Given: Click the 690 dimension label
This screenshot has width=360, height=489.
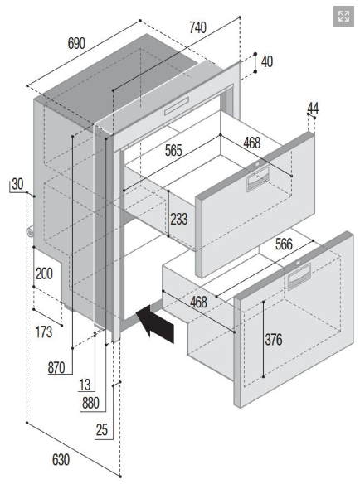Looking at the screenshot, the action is (x=76, y=43).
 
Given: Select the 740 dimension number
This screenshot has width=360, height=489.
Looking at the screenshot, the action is (x=198, y=27).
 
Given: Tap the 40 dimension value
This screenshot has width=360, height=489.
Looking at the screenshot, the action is (x=267, y=62).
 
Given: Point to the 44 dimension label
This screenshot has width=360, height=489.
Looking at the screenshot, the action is (x=313, y=109).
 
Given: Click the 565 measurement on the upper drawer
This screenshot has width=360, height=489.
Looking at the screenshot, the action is (x=173, y=151).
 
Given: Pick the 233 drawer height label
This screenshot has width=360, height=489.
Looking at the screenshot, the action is (x=179, y=219).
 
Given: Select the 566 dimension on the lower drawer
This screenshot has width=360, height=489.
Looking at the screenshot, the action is (x=284, y=244).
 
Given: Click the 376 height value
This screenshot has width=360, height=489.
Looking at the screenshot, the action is (x=274, y=339).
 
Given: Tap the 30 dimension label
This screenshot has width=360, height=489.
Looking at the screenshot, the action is (x=17, y=184).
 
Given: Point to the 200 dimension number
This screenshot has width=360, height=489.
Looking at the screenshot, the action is (x=44, y=274).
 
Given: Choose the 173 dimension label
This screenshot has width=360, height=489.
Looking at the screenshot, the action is (x=44, y=332).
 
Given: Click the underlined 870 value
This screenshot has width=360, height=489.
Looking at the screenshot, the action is (x=56, y=368).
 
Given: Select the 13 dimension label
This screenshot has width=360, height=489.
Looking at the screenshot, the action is (x=85, y=385).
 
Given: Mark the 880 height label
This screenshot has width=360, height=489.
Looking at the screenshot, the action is (x=90, y=403).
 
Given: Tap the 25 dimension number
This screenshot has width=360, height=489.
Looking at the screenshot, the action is (x=102, y=430).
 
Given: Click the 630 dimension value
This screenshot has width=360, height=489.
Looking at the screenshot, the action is (x=61, y=460).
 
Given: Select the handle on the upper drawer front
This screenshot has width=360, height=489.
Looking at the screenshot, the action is (x=258, y=178).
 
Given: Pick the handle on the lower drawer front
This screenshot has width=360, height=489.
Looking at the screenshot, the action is (x=299, y=276).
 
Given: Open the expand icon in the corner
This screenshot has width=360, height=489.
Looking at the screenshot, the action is (x=343, y=17).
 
